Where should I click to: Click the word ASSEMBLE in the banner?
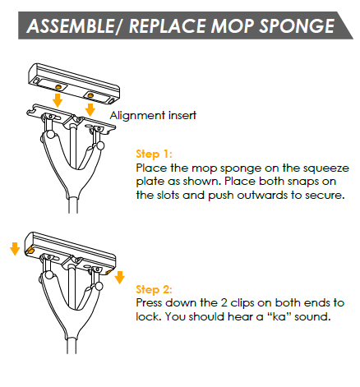pyautogui.click(x=71, y=26)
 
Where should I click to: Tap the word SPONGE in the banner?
pyautogui.click(x=297, y=26)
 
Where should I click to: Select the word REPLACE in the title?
pyautogui.click(x=168, y=26)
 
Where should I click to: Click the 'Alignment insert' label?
pyautogui.click(x=153, y=115)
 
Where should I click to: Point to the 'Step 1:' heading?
pyautogui.click(x=154, y=154)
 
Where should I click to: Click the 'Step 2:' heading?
pyautogui.click(x=154, y=289)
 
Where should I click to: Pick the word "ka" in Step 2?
pyautogui.click(x=279, y=316)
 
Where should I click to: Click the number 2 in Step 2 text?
pyautogui.click(x=224, y=303)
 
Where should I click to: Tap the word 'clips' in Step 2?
pyautogui.click(x=242, y=303)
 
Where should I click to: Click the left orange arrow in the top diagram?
pyautogui.click(x=58, y=100)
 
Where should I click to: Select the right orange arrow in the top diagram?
pyautogui.click(x=90, y=109)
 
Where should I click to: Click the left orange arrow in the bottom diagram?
pyautogui.click(x=15, y=249)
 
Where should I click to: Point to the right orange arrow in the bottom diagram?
pyautogui.click(x=120, y=278)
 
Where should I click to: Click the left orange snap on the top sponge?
pyautogui.click(x=58, y=87)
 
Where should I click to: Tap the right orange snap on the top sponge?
pyautogui.click(x=90, y=95)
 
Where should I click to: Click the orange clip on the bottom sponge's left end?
pyautogui.click(x=30, y=250)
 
